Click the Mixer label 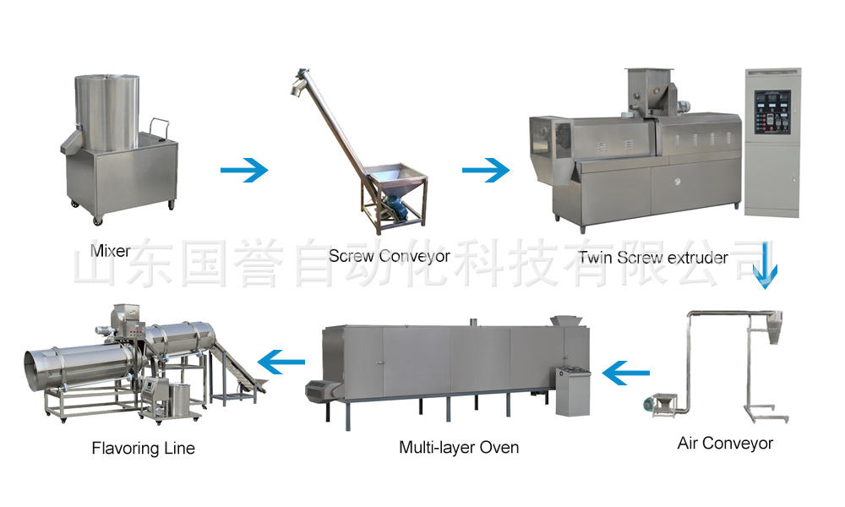click(111, 251)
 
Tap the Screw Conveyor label click(389, 255)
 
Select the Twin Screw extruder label click(652, 257)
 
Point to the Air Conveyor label click(725, 443)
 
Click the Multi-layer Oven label click(459, 447)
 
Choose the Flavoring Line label click(143, 448)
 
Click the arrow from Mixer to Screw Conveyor click(243, 171)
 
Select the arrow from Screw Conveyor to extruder click(486, 171)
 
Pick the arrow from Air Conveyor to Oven click(626, 370)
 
